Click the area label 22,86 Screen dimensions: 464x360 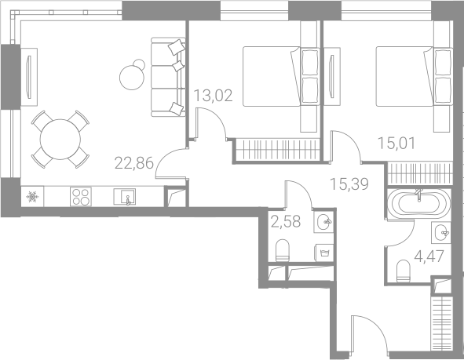(134, 163)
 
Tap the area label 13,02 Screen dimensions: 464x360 (213, 95)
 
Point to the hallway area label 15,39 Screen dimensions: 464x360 (349, 184)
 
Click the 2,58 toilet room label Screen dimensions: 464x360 (286, 222)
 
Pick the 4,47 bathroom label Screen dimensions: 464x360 (429, 256)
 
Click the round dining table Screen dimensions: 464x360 (60, 139)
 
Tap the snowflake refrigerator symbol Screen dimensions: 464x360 (32, 197)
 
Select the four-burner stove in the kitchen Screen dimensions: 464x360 (81, 197)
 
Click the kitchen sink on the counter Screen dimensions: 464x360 (125, 197)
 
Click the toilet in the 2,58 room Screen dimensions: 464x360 (282, 250)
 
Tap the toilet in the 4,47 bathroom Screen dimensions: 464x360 (403, 271)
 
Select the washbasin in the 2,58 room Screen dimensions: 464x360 (324, 222)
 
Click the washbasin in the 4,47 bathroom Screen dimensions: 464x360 (441, 233)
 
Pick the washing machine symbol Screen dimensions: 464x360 (324, 253)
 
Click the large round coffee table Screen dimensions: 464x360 (132, 78)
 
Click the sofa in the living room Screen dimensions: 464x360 (168, 77)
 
